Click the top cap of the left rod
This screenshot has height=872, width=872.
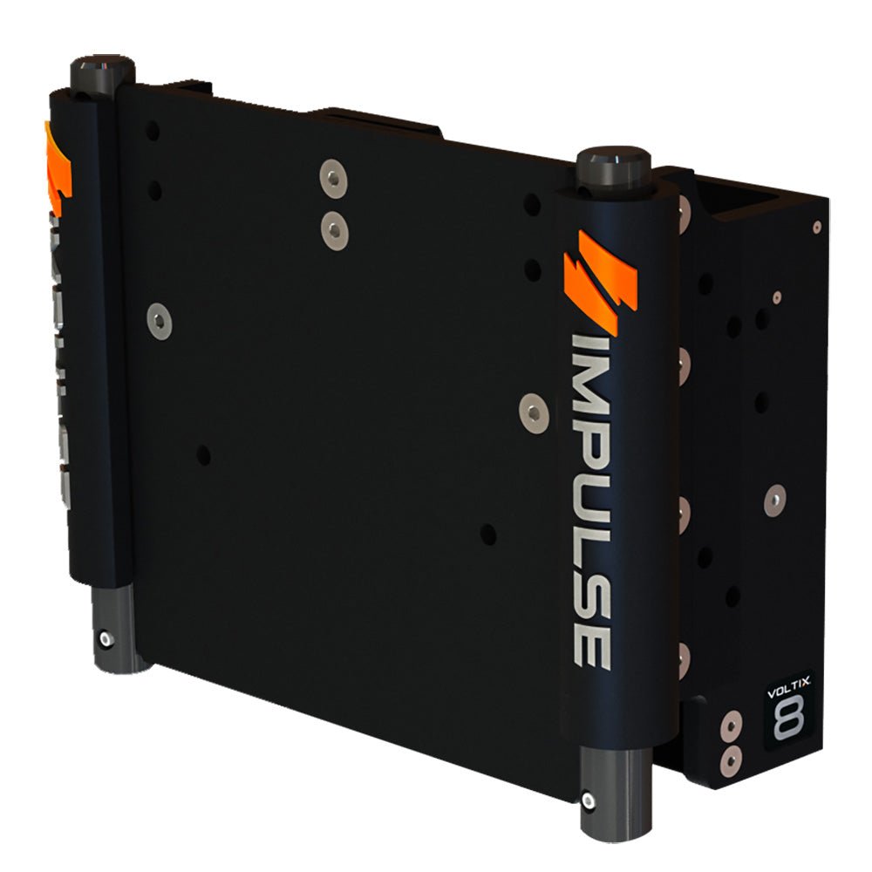pyautogui.click(x=101, y=65)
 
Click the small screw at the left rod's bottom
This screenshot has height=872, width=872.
pyautogui.click(x=106, y=639)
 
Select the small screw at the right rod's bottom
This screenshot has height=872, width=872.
pyautogui.click(x=590, y=800)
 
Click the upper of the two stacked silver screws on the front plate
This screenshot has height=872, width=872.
pyautogui.click(x=333, y=177)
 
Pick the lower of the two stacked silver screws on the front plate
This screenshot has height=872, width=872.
pyautogui.click(x=332, y=229)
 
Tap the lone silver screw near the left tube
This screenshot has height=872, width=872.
pyautogui.click(x=160, y=320)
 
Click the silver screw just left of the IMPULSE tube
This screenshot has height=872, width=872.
pyautogui.click(x=530, y=408)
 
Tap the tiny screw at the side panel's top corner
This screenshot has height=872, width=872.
pyautogui.click(x=816, y=227)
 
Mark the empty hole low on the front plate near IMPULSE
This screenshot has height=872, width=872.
pyautogui.click(x=489, y=534)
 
